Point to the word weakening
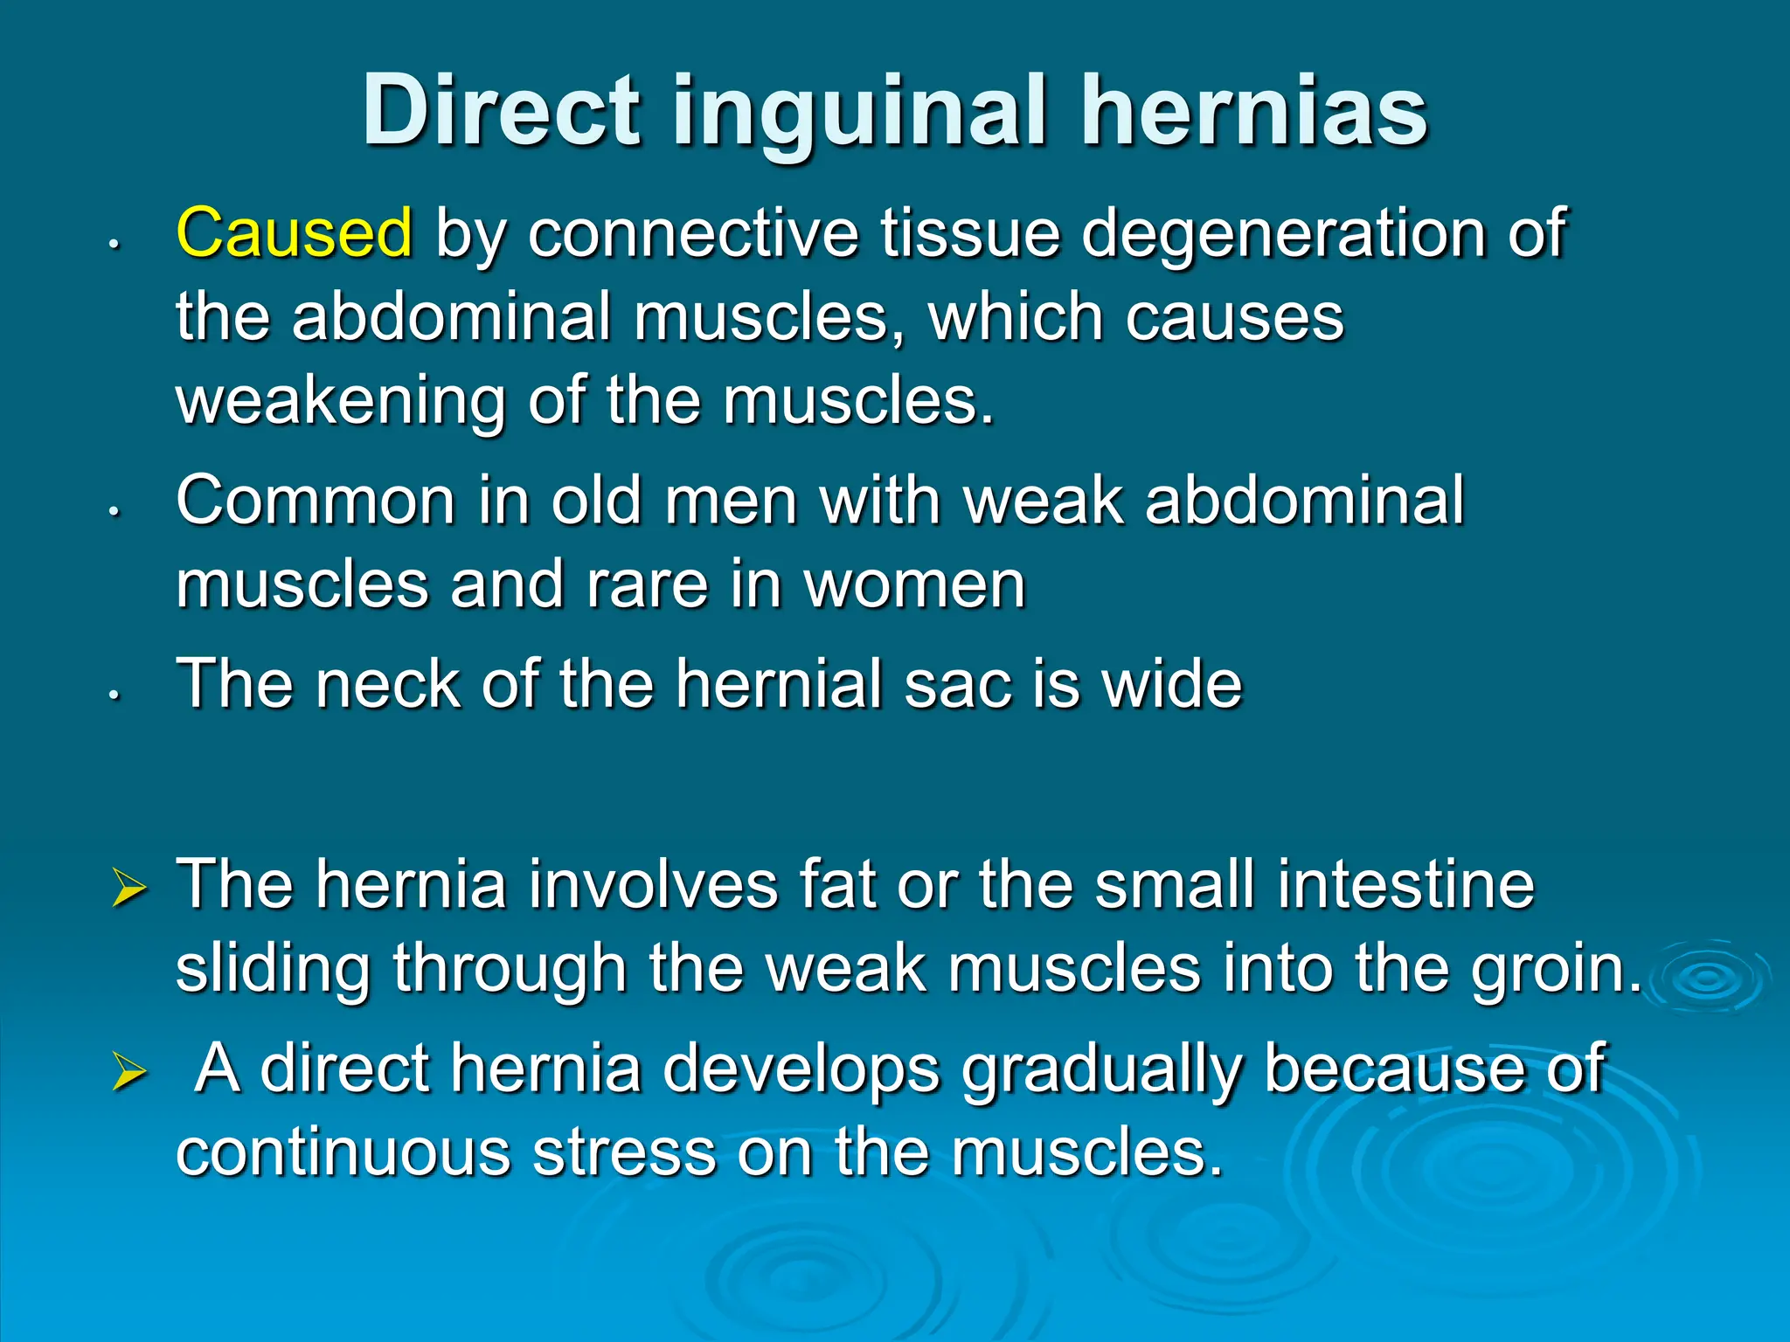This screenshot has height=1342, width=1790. pos(341,401)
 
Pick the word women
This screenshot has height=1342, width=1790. pos(914,585)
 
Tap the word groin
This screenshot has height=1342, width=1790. pos(1556,970)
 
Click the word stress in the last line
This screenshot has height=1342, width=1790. pos(624,1152)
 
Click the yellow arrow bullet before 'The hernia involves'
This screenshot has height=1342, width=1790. pos(129,889)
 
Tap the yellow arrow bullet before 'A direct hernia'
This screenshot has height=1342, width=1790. pos(129,1073)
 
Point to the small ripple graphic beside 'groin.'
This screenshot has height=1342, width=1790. pos(1709,979)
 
